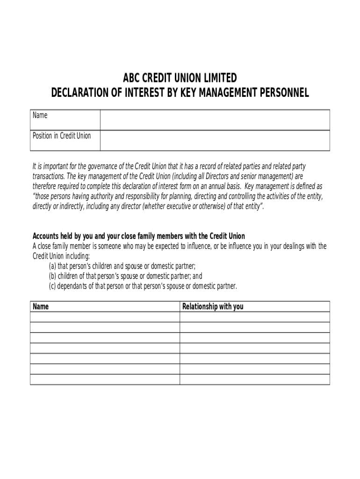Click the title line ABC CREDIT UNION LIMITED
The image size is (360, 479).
click(x=180, y=78)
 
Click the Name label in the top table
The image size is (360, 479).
click(x=40, y=116)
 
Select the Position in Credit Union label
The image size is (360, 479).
click(x=62, y=136)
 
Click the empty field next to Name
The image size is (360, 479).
click(x=215, y=120)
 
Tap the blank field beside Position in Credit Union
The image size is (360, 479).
click(x=215, y=140)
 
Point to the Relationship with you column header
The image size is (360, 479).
click(x=213, y=307)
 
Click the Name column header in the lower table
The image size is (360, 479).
click(x=41, y=307)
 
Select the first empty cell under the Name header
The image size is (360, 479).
click(x=105, y=317)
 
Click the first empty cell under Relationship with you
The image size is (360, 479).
click(x=254, y=317)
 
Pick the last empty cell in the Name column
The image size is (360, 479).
click(x=105, y=379)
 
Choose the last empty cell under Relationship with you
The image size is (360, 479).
click(x=254, y=379)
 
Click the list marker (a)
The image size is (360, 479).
click(x=52, y=266)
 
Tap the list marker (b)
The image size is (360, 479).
click(x=52, y=276)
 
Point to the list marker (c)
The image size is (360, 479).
click(x=52, y=286)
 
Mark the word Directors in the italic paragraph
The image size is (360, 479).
click(x=214, y=176)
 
